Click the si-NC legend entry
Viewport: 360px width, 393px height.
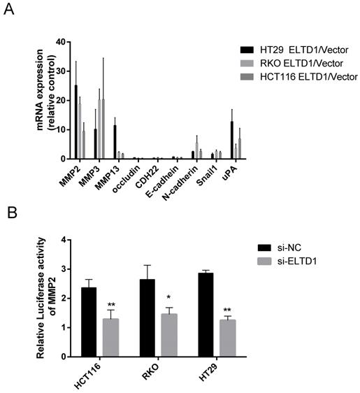(275, 248)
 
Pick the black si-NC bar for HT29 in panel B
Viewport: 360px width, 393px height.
(205, 315)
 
